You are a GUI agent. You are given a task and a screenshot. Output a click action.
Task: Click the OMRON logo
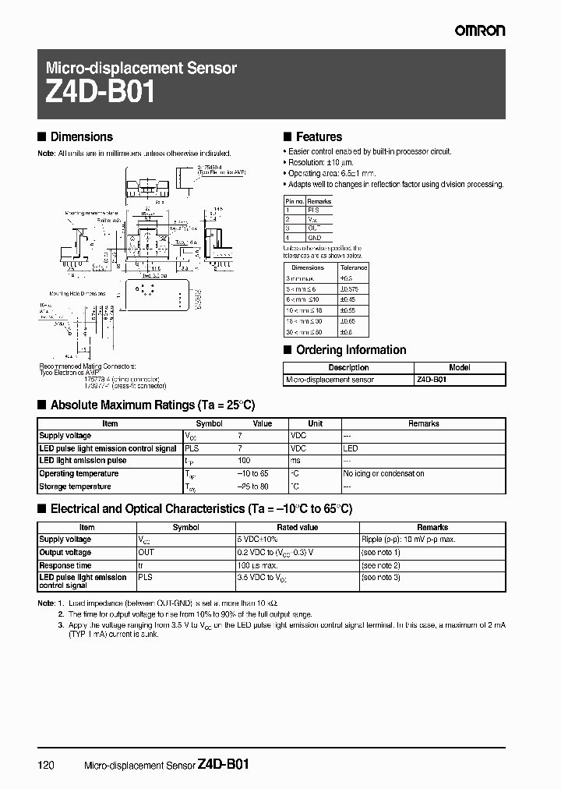tap(481, 30)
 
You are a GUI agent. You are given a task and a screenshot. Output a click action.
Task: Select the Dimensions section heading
tap(81, 136)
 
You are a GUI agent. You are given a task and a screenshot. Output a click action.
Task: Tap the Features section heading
tap(319, 136)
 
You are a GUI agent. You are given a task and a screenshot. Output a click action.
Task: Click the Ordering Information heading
tap(351, 350)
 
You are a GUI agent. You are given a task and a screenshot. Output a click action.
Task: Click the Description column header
tap(348, 368)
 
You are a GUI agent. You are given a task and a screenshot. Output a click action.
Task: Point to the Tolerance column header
tap(353, 267)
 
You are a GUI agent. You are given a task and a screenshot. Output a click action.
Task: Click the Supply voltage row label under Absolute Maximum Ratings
tap(65, 436)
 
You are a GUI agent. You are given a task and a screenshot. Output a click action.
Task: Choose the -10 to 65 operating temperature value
tap(252, 473)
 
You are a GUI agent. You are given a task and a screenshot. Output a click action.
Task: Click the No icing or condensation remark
tap(383, 473)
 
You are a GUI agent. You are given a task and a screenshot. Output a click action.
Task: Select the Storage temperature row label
tap(75, 486)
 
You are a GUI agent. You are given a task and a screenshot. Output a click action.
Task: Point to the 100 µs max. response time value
tap(258, 565)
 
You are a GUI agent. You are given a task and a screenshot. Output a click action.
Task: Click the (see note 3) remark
tap(381, 577)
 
